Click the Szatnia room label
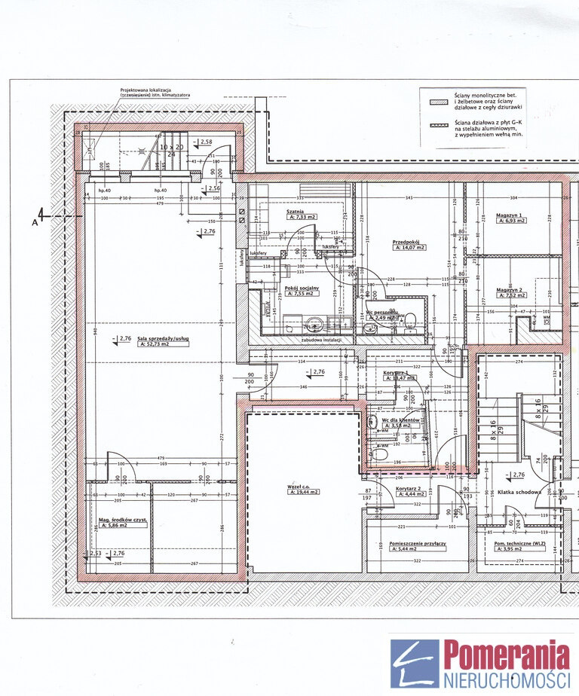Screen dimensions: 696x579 [295, 212]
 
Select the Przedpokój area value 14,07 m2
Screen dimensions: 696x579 [409, 247]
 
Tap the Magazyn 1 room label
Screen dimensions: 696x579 [510, 215]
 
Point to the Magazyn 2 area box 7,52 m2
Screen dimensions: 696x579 [511, 296]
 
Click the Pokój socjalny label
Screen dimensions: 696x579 [302, 289]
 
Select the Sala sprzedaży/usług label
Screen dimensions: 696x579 [164, 339]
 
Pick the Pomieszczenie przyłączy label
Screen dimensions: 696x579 [418, 542]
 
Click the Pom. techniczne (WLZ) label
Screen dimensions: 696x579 [519, 542]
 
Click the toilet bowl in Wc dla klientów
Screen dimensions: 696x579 [380, 454]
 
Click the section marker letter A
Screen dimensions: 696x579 [35, 223]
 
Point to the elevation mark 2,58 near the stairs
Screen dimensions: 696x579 [204, 142]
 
